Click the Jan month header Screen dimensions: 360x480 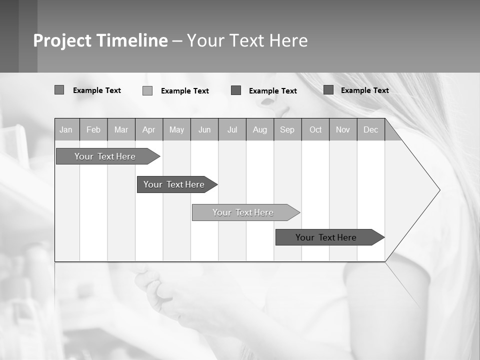coord(66,129)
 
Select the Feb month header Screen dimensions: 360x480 coord(93,129)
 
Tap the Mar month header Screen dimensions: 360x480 coord(121,129)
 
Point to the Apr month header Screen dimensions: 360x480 coord(149,129)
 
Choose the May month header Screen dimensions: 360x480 coord(176,129)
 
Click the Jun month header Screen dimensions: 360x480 coord(204,129)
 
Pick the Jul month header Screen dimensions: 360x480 coord(232,129)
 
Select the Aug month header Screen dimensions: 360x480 coord(260,129)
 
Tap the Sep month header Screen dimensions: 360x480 coord(287,129)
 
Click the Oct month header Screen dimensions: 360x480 coord(315,129)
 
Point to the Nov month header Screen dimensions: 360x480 coord(343,129)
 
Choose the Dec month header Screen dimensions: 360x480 coord(371,129)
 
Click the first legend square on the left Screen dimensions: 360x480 coord(59,90)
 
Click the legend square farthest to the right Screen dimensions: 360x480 coord(328,90)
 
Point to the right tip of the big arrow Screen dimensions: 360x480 coord(439,190)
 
